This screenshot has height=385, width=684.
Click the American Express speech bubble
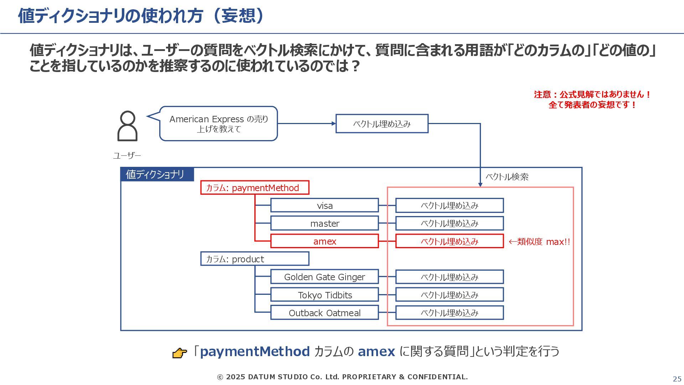[x=218, y=124]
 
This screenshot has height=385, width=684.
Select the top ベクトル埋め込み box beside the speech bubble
[x=382, y=124]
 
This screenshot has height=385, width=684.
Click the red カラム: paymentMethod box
[x=255, y=188]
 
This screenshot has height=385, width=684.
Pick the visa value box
[x=325, y=205]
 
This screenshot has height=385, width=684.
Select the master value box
[x=325, y=223]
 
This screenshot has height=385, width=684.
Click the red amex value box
[x=325, y=241]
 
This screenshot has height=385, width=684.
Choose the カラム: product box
[x=255, y=259]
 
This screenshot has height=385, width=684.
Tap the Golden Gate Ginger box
[x=325, y=277]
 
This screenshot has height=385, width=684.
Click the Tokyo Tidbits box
[x=325, y=295]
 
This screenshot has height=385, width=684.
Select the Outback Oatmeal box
[x=325, y=313]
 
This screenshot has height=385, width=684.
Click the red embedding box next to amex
[x=450, y=241]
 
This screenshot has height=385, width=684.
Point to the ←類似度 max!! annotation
[x=539, y=242]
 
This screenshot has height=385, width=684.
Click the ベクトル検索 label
[x=507, y=177]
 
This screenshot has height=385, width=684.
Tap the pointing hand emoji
[x=180, y=353]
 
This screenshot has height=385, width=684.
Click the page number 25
[x=677, y=379]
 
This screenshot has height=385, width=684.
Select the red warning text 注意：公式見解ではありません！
[x=592, y=94]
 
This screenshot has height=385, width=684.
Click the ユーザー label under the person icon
[x=127, y=155]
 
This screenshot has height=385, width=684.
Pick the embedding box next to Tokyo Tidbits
[x=450, y=295]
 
